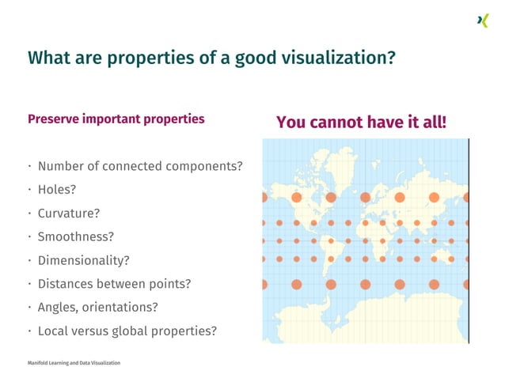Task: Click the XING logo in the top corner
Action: point(482,21)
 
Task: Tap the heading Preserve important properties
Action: point(116,119)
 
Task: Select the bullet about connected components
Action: point(140,166)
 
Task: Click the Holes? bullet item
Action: point(57,190)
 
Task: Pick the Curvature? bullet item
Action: point(69,214)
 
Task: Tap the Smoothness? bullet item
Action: point(76,236)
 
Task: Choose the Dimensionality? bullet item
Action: point(83,260)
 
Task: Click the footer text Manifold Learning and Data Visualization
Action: point(74,363)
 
